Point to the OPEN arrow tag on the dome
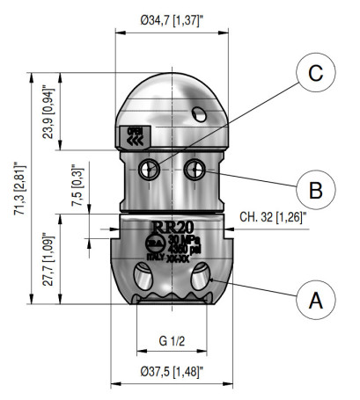pyautogui.click(x=134, y=135)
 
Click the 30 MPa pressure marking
pyautogui.click(x=182, y=238)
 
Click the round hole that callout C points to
pyautogui.click(x=154, y=168)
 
